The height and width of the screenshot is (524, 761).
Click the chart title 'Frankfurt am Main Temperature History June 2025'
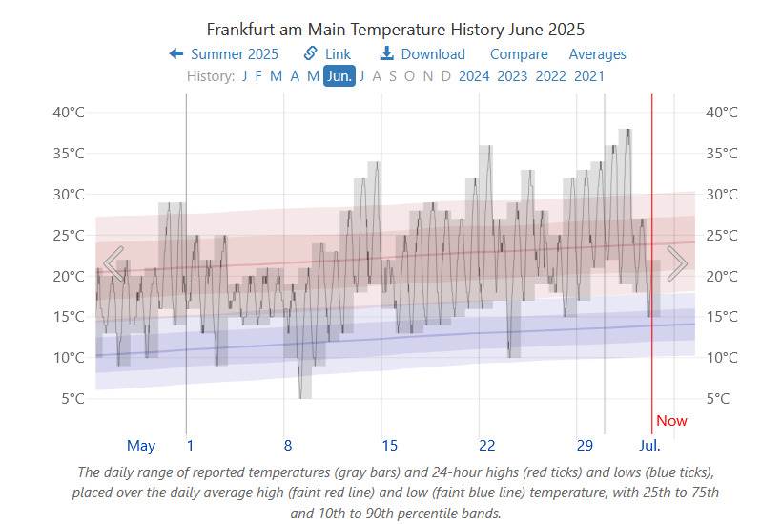click(396, 30)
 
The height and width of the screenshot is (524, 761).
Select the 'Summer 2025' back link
click(224, 54)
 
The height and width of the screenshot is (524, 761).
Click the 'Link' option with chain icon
click(327, 54)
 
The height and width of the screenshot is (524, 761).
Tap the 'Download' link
click(422, 54)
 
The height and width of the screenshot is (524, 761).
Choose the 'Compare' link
click(519, 54)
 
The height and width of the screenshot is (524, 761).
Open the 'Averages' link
click(598, 54)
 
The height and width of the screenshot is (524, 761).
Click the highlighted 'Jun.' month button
click(339, 76)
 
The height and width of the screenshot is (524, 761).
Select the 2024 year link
click(474, 76)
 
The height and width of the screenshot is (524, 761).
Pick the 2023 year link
click(512, 76)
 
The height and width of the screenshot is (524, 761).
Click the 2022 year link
click(550, 76)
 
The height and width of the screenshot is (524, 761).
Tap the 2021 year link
click(588, 76)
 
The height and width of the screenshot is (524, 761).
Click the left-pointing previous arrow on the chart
click(113, 263)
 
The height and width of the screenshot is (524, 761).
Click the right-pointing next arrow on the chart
click(677, 263)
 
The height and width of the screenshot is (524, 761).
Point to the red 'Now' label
click(671, 421)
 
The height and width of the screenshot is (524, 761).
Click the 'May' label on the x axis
click(141, 446)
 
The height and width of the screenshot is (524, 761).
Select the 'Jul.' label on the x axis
click(649, 446)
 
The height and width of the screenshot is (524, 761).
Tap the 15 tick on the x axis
click(389, 446)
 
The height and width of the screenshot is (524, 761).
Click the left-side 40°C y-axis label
click(68, 113)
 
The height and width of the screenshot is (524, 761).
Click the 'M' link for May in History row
click(313, 76)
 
